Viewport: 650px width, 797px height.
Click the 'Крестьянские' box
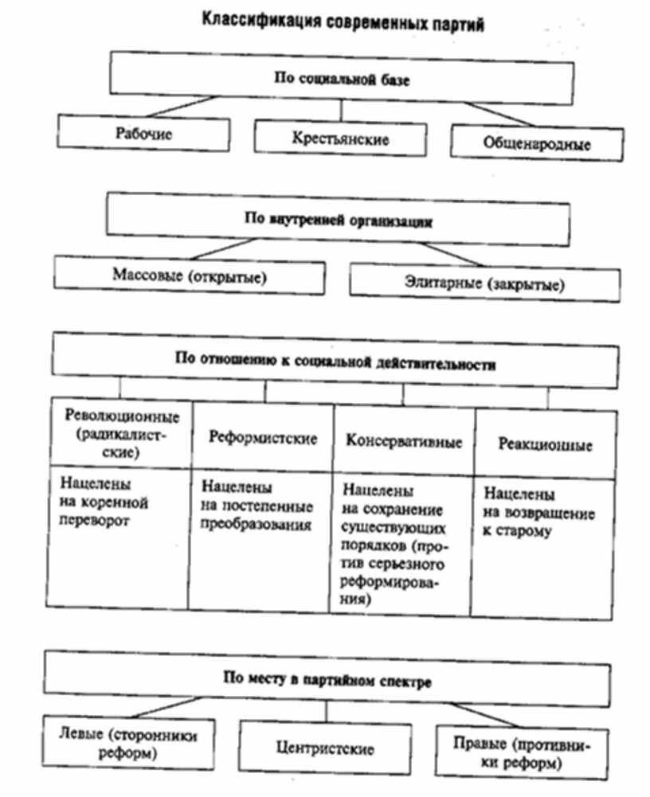point(340,138)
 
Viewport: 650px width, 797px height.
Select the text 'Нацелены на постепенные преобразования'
point(256,506)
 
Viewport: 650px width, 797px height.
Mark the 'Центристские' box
point(324,749)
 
